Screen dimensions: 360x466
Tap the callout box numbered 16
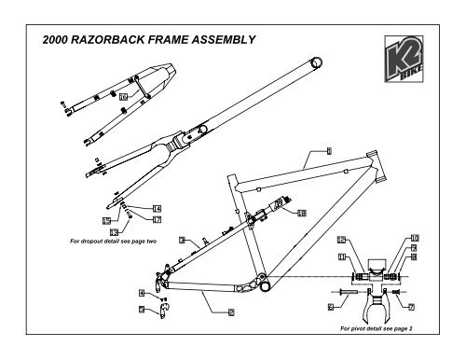[122, 98]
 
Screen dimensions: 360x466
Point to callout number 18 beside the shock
[301, 214]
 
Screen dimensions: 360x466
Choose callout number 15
[107, 220]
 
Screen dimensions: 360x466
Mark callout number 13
[114, 230]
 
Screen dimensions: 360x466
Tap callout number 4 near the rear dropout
[142, 293]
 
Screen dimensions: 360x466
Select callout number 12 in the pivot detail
[341, 240]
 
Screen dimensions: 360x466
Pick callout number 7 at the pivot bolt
[411, 305]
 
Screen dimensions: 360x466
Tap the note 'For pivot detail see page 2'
[377, 329]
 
